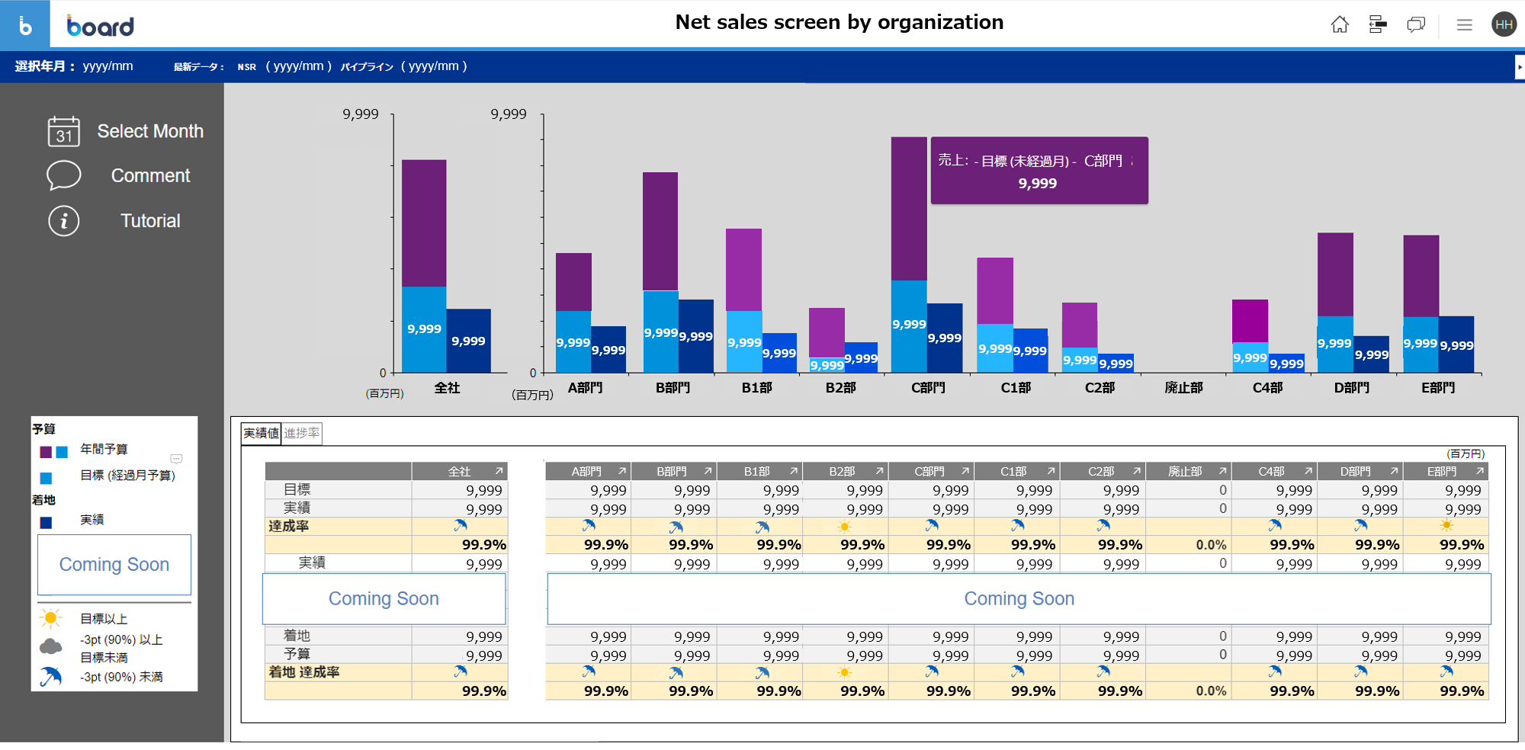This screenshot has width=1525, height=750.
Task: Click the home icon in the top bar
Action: point(1340,25)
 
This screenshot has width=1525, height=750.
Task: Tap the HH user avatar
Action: point(1504,25)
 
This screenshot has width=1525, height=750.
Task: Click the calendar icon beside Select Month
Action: point(63,131)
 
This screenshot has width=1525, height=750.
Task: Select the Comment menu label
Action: point(150,176)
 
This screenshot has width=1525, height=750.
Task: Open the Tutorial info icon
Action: point(64,221)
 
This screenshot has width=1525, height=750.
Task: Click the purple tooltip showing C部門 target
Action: point(1039,171)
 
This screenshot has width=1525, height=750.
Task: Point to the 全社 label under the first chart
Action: point(447,388)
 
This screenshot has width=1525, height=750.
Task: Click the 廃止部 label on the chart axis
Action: point(1183,388)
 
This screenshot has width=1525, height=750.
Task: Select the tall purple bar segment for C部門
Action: point(909,208)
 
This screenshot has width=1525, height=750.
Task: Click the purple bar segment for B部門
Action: point(660,231)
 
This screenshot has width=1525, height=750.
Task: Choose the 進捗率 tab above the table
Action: point(302,434)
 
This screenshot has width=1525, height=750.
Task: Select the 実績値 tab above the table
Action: point(261,434)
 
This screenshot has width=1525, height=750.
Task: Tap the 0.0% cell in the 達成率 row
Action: point(1211,545)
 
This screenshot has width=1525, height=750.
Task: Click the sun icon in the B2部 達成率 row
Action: point(844,527)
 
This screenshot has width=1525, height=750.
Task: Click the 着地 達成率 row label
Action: point(304,672)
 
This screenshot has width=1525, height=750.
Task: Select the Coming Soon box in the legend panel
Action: point(114,565)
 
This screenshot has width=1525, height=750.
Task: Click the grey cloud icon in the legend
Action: point(51,647)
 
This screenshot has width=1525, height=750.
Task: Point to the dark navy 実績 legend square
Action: point(46,522)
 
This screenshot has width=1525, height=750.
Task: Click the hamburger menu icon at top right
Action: point(1464,25)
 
